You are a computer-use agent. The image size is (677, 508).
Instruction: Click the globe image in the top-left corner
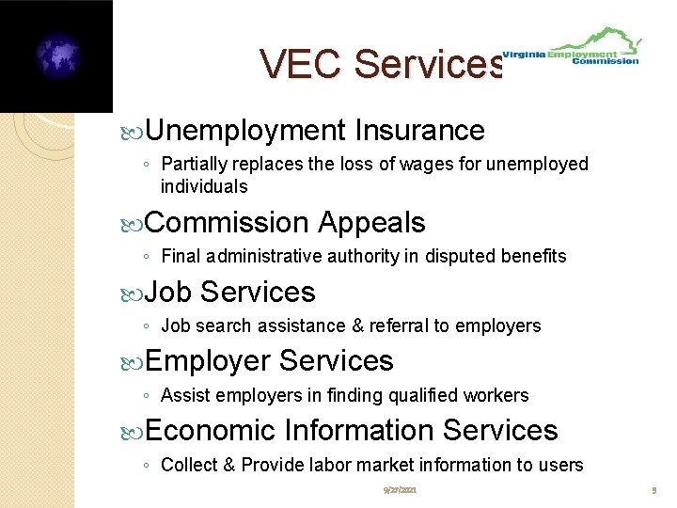57,56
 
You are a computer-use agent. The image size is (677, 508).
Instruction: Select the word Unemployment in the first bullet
246,130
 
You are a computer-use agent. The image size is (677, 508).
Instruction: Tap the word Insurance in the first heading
420,130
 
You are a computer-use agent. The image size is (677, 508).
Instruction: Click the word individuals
204,186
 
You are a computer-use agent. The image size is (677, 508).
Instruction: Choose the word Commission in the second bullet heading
228,223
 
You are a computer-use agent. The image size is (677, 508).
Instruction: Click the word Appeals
371,223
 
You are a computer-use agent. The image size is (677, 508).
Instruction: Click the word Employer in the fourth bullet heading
208,360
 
